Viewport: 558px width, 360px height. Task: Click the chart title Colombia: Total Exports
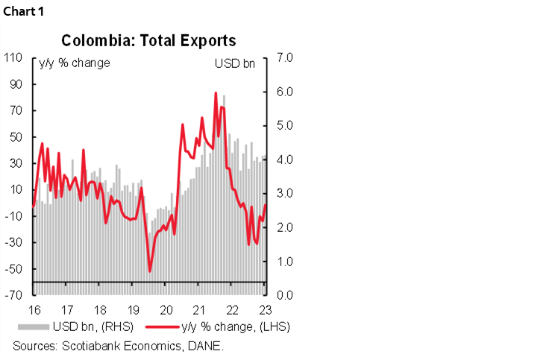click(148, 40)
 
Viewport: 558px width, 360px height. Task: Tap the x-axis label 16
click(34, 309)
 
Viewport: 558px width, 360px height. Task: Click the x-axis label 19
click(132, 309)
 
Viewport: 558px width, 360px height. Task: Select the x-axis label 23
click(265, 309)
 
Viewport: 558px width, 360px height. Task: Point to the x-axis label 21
click(199, 309)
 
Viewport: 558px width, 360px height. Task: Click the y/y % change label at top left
click(75, 63)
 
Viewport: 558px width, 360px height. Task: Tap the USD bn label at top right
click(234, 63)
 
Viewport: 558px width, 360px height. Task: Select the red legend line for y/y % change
click(160, 327)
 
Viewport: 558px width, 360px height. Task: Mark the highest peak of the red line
click(216, 93)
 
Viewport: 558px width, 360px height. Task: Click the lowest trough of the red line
click(150, 271)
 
